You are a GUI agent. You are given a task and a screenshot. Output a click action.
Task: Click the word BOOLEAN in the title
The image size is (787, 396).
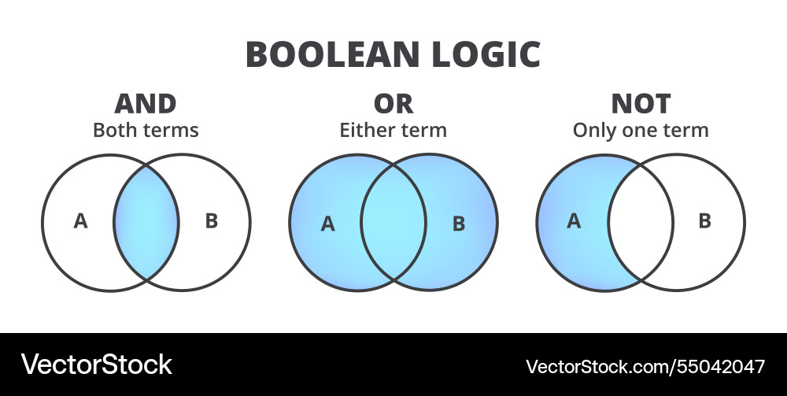pos(333,54)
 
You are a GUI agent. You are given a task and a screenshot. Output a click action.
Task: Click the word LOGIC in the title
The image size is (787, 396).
pos(486,54)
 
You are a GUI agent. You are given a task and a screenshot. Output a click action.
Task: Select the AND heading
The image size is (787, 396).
pos(146,104)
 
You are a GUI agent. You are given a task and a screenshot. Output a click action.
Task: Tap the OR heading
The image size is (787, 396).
pos(393,104)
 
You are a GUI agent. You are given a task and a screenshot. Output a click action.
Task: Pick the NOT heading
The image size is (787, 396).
pos(641,104)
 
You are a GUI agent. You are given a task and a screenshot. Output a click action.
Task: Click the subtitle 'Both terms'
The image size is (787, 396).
pos(146,130)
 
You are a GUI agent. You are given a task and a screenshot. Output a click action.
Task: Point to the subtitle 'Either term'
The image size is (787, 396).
pos(393,130)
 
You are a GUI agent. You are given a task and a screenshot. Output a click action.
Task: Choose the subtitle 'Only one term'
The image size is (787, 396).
pos(641,130)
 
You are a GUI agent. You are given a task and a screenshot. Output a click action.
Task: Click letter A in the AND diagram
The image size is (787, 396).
pos(80,221)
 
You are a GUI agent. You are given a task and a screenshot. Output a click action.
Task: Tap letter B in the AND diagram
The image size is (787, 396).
pos(212,221)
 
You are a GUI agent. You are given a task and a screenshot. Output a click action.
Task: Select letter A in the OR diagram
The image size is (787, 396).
pos(327,224)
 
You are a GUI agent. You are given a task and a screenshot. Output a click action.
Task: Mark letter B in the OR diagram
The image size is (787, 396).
pos(459,224)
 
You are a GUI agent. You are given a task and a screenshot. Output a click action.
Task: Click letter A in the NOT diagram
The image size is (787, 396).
pos(574,221)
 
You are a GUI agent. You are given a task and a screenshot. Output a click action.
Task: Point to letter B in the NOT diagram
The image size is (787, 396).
pos(704,221)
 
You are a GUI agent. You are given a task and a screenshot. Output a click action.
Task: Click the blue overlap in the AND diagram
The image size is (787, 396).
pos(146,222)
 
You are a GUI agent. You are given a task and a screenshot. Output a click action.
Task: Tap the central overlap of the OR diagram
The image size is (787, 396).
pos(393,222)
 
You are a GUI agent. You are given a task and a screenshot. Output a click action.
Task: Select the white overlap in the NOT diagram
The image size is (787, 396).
pos(641,222)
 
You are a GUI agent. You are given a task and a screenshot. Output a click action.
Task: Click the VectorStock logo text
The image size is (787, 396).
pos(96,365)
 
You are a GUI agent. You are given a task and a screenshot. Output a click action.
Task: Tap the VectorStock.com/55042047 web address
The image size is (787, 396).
pos(645,366)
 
